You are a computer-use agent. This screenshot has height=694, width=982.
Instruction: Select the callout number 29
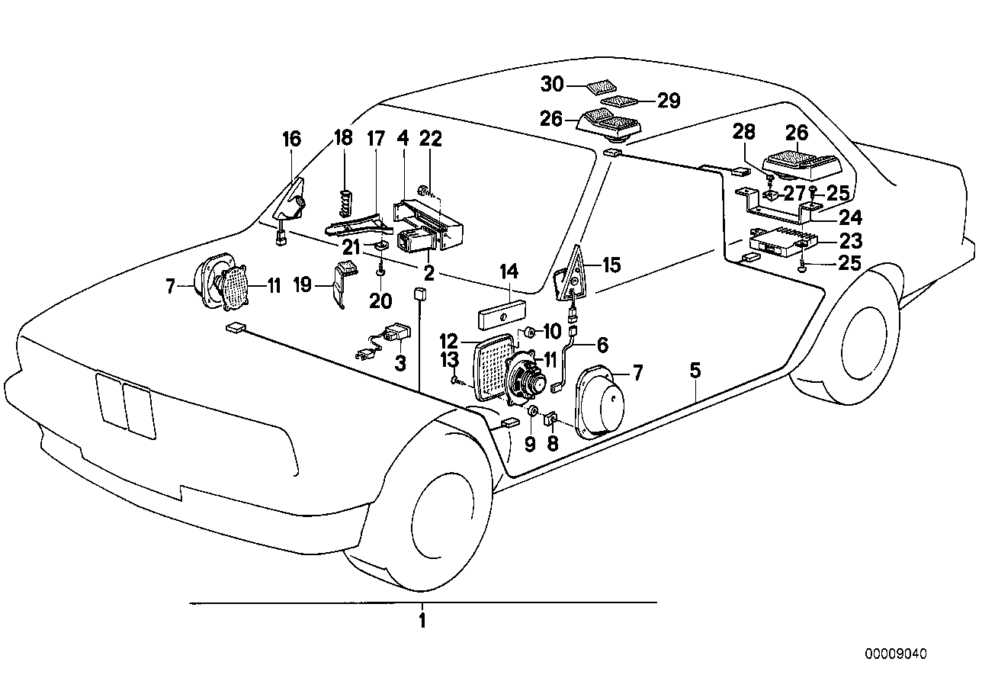[668, 101]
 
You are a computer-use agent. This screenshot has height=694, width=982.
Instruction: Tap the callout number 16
[291, 139]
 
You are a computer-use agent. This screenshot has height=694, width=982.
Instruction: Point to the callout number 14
[509, 271]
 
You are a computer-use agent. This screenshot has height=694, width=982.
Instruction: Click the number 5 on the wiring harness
[695, 371]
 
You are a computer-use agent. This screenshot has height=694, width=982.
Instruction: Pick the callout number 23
[850, 241]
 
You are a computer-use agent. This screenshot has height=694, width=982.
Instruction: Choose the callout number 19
[303, 285]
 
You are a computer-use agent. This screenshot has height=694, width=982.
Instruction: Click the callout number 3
[400, 364]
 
